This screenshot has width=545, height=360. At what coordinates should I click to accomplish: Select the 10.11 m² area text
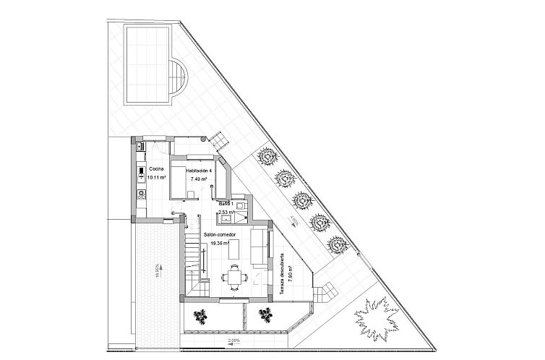coord(156,177)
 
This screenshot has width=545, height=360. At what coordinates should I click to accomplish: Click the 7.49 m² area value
coord(198,178)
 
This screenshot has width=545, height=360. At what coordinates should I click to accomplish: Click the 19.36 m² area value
coord(219,244)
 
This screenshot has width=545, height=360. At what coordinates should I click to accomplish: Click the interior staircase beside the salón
coord(191,260)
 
